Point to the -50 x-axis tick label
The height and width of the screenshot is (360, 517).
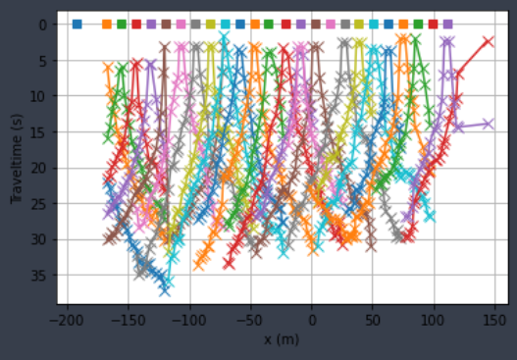pos(251,320)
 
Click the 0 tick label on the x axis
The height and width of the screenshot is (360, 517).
pos(312,320)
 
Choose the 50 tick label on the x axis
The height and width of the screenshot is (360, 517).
pos(374,320)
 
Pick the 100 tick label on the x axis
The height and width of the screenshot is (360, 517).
pos(435,320)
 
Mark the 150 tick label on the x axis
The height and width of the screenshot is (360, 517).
pos(495,320)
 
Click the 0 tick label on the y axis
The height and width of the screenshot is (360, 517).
pos(45,25)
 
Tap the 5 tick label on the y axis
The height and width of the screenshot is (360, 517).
pos(45,61)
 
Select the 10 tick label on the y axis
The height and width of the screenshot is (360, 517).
pos(42,96)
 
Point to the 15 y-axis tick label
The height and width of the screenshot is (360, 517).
pos(42,132)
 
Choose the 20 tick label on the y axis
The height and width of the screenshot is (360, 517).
pos(42,168)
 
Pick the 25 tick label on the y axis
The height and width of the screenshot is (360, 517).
pos(42,204)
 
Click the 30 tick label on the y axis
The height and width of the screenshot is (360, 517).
pos(42,239)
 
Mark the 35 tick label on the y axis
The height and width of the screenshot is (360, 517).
pos(42,276)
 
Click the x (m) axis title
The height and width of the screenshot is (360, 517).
pos(282,338)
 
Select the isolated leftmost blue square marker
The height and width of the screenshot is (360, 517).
pos(77,24)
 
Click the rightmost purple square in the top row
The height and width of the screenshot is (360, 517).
pos(447,24)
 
